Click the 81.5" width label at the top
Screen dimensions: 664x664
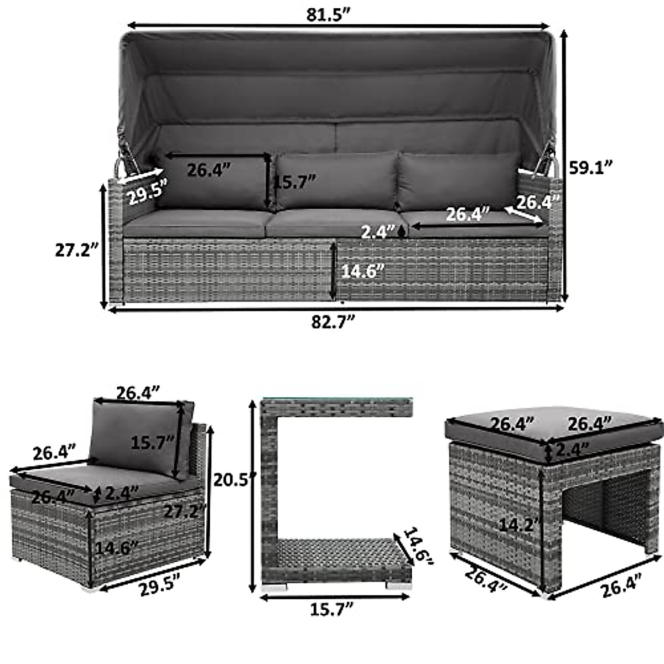click(x=330, y=15)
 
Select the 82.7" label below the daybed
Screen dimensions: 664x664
click(x=332, y=323)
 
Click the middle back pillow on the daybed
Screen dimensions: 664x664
click(x=336, y=181)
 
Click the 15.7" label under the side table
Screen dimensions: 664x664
click(x=332, y=610)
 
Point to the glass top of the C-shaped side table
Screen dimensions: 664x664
click(x=336, y=400)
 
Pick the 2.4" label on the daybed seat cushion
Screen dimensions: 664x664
click(x=378, y=231)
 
